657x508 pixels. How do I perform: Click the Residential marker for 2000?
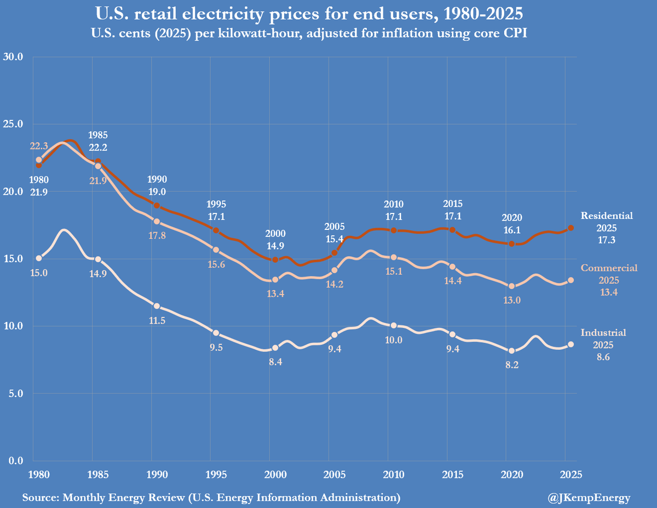tap(275, 259)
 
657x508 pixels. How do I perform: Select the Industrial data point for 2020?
tap(512, 351)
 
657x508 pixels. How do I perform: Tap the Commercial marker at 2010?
tap(394, 257)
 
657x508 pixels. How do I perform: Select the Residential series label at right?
tap(607, 216)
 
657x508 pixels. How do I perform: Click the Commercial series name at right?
tap(609, 268)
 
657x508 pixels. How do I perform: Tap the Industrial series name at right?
tap(603, 332)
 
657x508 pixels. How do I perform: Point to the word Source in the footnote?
tap(41, 498)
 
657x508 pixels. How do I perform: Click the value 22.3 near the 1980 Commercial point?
tap(39, 146)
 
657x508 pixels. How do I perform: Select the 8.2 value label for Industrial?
tap(512, 365)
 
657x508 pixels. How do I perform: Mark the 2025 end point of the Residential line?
tap(571, 228)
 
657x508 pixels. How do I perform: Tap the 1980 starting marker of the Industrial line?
tap(39, 258)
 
